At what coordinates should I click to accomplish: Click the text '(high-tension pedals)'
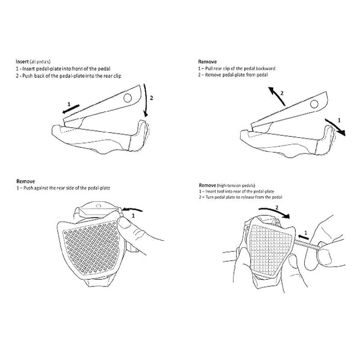click(238, 185)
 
